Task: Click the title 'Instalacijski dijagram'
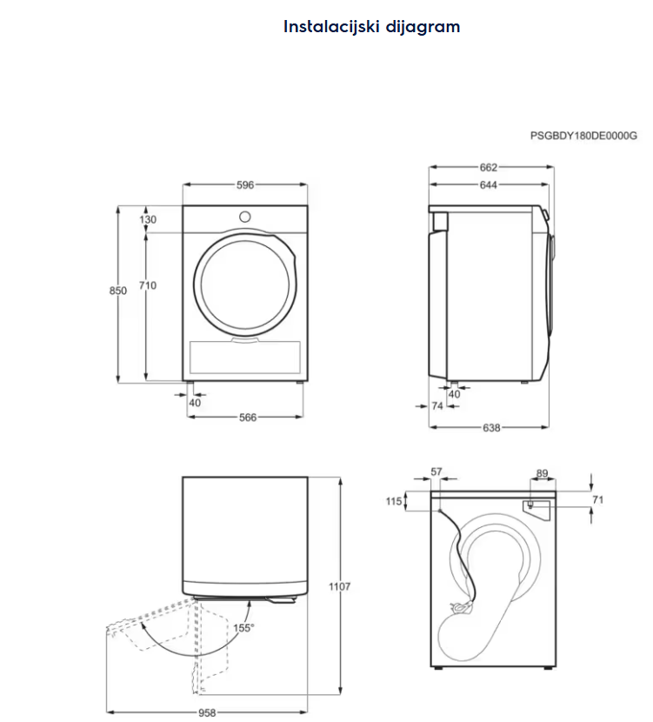[x=371, y=27]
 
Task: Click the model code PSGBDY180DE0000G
[x=584, y=136]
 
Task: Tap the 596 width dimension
[x=245, y=184]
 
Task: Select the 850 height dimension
[x=118, y=291]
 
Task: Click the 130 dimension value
[x=148, y=220]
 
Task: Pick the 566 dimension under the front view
[x=248, y=418]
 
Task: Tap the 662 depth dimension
[x=488, y=167]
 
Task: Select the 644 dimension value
[x=488, y=184]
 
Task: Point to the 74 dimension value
[x=438, y=405]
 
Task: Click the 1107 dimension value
[x=340, y=587]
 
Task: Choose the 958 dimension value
[x=206, y=712]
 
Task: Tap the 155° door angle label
[x=244, y=627]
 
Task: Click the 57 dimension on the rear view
[x=436, y=472]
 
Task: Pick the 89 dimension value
[x=542, y=474]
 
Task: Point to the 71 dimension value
[x=597, y=499]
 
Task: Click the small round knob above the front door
[x=245, y=216]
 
